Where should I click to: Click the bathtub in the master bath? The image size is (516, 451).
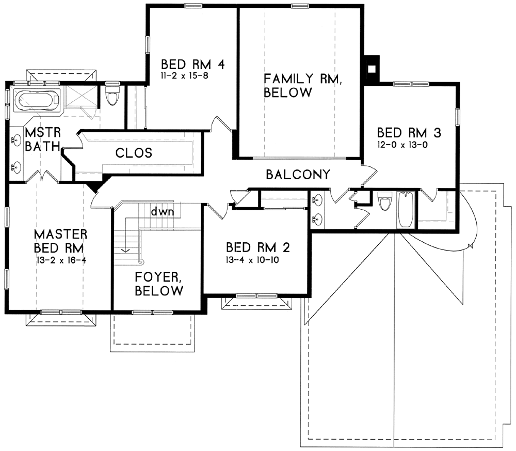(x=38, y=99)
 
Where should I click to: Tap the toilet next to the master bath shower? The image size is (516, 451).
(x=112, y=95)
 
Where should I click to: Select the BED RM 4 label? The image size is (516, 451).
(x=193, y=65)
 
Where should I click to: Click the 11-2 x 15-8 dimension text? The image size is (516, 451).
(x=185, y=76)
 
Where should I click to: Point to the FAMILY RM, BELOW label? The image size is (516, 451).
(x=302, y=86)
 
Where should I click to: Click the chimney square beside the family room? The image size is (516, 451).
(x=372, y=69)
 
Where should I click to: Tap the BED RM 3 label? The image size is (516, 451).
(x=409, y=133)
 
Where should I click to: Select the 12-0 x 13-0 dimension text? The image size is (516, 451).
(x=402, y=145)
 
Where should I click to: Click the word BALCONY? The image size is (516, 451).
(x=298, y=174)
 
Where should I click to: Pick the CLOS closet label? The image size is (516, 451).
(x=134, y=153)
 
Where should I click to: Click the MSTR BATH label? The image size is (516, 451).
(x=43, y=139)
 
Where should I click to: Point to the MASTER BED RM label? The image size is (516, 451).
(x=60, y=241)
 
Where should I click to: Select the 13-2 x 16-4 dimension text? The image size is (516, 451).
(x=61, y=260)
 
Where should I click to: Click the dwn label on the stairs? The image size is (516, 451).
(x=162, y=211)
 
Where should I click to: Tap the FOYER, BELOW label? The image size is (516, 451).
(x=159, y=284)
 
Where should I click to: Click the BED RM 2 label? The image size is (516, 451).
(x=257, y=247)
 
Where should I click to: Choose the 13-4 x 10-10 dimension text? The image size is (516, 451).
(x=252, y=260)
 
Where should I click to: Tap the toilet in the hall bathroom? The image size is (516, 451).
(x=384, y=200)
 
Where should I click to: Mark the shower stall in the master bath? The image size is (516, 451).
(x=80, y=96)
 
